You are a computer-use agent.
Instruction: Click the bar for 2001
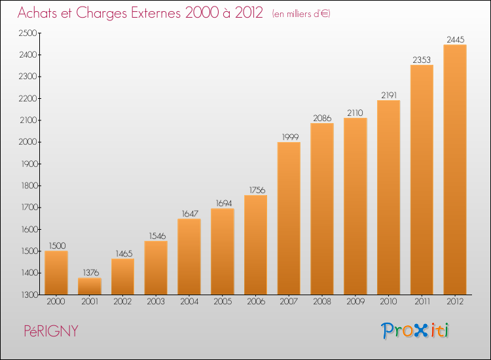pos(90,286)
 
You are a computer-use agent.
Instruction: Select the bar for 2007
pos(289,218)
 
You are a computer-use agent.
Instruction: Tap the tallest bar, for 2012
pos(455,170)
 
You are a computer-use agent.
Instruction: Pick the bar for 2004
pos(189,257)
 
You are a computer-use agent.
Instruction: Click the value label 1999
pos(290,137)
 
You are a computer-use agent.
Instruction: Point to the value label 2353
pos(422,60)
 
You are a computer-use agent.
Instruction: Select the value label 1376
pos(91,272)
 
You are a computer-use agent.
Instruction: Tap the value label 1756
pos(257,190)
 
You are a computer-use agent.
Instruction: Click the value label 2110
pos(355,113)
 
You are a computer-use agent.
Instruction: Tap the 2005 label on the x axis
pos(223,301)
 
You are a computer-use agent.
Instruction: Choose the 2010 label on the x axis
pos(388,301)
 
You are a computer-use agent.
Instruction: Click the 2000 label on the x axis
pos(56,301)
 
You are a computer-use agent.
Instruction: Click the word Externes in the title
pos(156,12)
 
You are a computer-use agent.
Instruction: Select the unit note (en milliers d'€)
pos(301,14)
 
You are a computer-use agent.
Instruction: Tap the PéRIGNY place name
pos(51,331)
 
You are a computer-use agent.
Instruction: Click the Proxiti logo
pos(414,331)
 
